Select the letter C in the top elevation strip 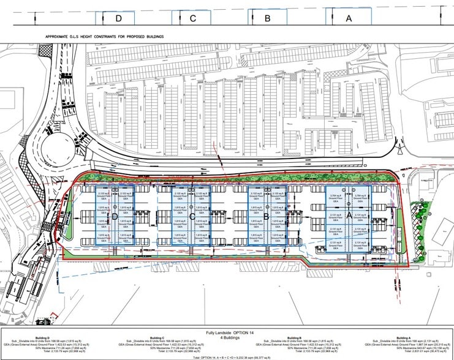tap(192, 18)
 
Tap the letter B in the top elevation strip tap(267, 18)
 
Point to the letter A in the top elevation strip tap(349, 18)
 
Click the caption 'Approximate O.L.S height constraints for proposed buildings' tap(105, 36)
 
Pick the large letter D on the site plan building tap(115, 216)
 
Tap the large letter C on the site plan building tap(192, 216)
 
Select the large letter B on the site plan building tap(267, 216)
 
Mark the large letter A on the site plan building tap(350, 216)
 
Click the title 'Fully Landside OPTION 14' tap(226, 331)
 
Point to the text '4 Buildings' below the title tap(226, 336)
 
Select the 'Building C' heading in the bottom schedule tap(157, 338)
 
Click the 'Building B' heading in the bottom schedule tap(294, 338)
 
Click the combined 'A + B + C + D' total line tap(226, 356)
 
